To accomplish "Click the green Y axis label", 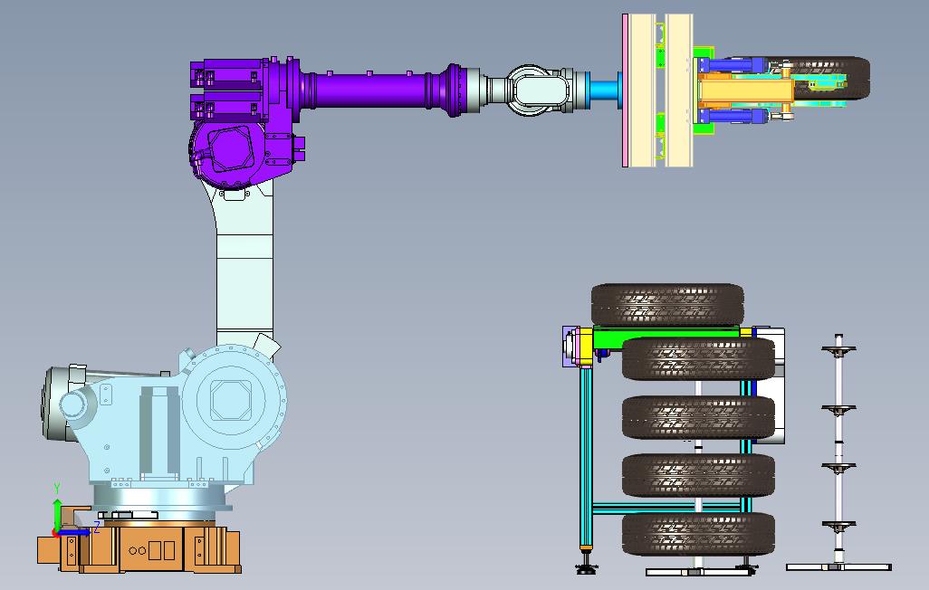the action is [57, 488].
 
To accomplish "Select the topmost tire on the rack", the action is [667, 304].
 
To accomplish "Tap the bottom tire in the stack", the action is [698, 534].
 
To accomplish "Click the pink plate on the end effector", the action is [625, 90].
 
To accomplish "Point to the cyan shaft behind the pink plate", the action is [604, 90].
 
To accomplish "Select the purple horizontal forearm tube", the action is [373, 90].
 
